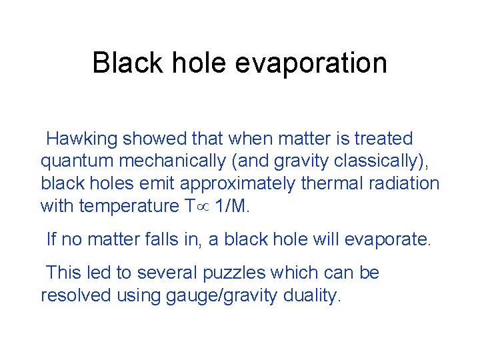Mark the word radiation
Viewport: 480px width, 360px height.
click(x=409, y=183)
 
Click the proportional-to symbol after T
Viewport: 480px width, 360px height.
click(x=202, y=207)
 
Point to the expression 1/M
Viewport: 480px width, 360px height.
click(x=232, y=206)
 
